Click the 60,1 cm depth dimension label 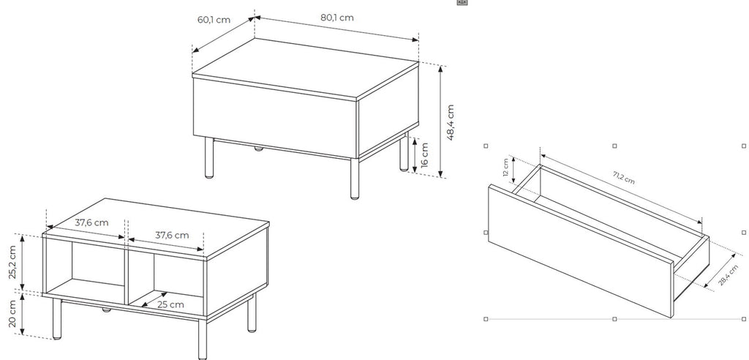pyautogui.click(x=214, y=20)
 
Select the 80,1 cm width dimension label pyautogui.click(x=336, y=18)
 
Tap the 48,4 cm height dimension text pyautogui.click(x=450, y=122)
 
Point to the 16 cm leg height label pyautogui.click(x=425, y=154)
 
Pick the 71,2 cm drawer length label pyautogui.click(x=624, y=177)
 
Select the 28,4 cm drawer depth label pyautogui.click(x=729, y=275)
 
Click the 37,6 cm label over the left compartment pyautogui.click(x=91, y=222)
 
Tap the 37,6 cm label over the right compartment pyautogui.click(x=172, y=235)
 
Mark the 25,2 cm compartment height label pyautogui.click(x=12, y=262)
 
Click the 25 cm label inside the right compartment pyautogui.click(x=170, y=304)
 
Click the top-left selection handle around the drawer pyautogui.click(x=486, y=146)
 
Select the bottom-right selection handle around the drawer pyautogui.click(x=744, y=319)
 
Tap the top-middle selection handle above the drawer pyautogui.click(x=614, y=146)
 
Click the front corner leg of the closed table pyautogui.click(x=355, y=179)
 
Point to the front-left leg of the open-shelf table pyautogui.click(x=57, y=319)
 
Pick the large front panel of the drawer pyautogui.click(x=580, y=250)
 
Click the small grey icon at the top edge pyautogui.click(x=462, y=2)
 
